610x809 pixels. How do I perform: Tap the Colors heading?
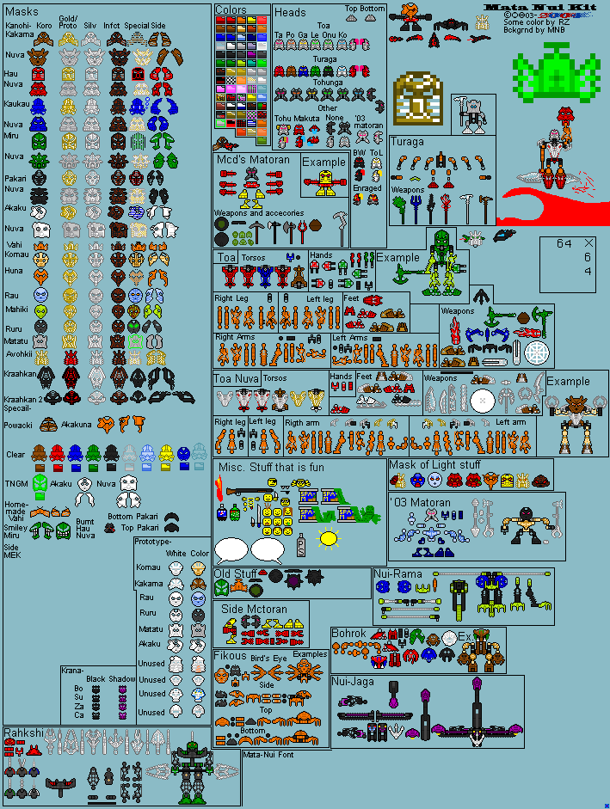[x=231, y=10]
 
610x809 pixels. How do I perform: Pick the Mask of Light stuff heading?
[x=434, y=465]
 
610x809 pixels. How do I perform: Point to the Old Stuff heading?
[x=235, y=573]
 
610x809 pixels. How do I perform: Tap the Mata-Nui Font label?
[x=268, y=754]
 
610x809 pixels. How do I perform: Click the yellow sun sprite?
[x=328, y=539]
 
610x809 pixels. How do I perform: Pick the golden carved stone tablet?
[x=418, y=100]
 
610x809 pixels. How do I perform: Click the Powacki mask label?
[x=19, y=424]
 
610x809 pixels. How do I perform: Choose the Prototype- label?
[x=153, y=542]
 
